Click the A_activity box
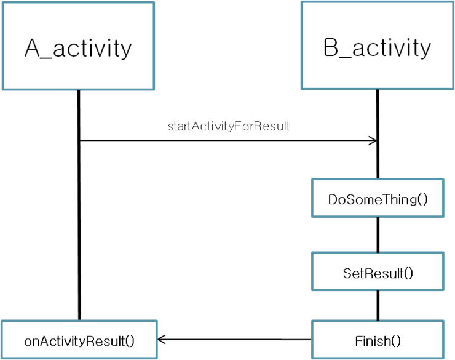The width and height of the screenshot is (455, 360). click(78, 46)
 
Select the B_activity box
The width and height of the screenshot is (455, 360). click(378, 46)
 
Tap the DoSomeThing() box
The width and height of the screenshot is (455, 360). click(378, 198)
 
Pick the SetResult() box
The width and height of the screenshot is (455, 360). click(378, 271)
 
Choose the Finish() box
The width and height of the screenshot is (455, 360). click(378, 340)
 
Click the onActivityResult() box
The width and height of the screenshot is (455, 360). click(79, 340)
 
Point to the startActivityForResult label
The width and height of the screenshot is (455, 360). click(229, 126)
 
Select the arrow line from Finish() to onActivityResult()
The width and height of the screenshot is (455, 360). click(235, 340)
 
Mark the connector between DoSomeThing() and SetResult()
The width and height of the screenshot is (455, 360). click(378, 234)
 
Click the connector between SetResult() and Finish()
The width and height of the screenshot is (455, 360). click(378, 305)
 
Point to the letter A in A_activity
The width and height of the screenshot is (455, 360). click(32, 48)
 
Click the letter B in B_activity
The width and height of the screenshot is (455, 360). click(331, 47)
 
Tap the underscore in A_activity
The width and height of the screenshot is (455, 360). click(46, 58)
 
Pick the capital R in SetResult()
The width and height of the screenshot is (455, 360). click(368, 273)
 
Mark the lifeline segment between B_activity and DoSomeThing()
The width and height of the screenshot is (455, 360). click(378, 134)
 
